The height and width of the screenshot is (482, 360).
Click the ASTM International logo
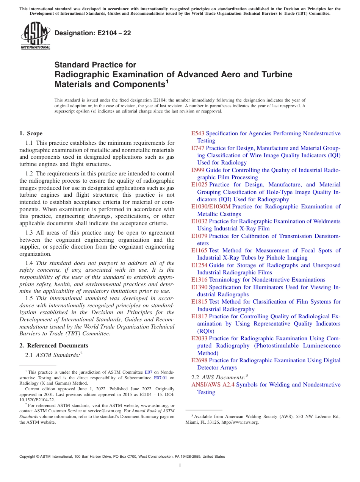click(35, 36)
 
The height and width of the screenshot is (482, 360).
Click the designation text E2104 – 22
click(93, 33)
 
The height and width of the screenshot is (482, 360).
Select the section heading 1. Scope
click(31, 133)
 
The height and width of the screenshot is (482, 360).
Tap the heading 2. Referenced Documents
click(53, 346)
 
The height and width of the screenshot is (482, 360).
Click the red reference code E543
click(198, 133)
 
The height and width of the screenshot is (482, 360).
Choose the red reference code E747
click(198, 148)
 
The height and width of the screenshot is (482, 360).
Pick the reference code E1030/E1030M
click(211, 207)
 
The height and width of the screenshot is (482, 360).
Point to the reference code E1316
click(199, 280)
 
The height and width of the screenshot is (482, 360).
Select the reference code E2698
click(199, 360)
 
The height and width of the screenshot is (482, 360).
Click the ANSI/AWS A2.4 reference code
click(213, 385)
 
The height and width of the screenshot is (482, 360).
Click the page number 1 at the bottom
click(180, 465)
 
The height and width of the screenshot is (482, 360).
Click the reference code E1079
click(199, 236)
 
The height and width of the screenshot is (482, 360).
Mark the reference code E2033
click(199, 338)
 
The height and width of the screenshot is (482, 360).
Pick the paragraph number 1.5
click(29, 298)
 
